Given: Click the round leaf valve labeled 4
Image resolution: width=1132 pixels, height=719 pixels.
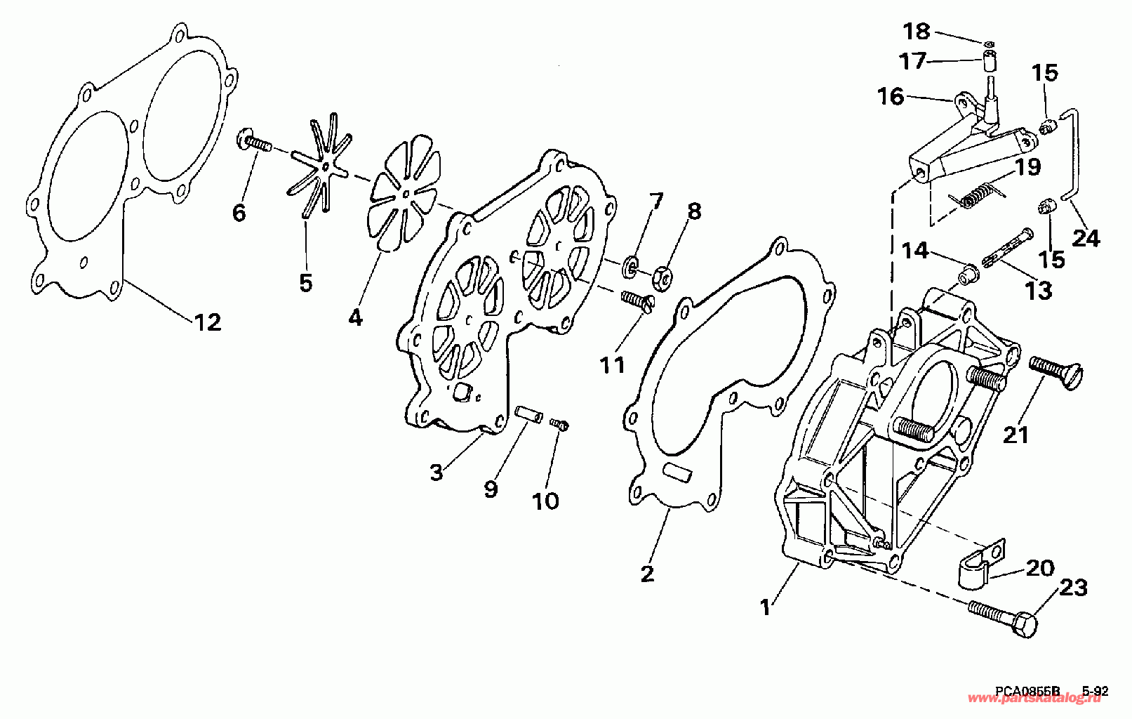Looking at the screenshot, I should (406, 194).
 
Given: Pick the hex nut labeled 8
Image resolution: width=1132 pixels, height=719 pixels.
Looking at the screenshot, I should (663, 275).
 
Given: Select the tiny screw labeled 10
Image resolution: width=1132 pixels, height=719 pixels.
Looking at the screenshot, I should (560, 424).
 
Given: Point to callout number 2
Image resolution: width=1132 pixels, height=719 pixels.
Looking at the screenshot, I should (647, 574).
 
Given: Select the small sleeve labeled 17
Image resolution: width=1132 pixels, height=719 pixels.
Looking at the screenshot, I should (990, 60).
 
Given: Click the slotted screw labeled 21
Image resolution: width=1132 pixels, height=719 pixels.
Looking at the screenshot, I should (1057, 369).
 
